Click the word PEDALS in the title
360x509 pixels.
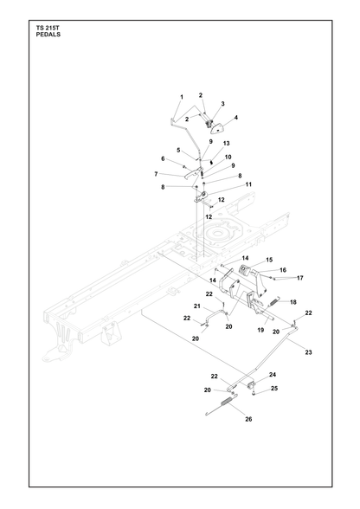click(48, 35)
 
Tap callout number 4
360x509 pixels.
click(236, 118)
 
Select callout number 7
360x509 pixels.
click(156, 174)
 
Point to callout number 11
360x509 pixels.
click(248, 184)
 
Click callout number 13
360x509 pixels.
click(226, 143)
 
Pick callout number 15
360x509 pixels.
click(269, 260)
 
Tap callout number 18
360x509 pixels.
click(293, 302)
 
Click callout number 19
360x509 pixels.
click(260, 330)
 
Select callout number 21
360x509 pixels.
click(197, 306)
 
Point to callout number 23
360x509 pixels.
click(308, 352)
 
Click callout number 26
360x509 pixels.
click(248, 419)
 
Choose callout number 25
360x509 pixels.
click(274, 388)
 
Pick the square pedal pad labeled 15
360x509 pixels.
click(244, 270)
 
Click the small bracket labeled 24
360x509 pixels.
click(251, 386)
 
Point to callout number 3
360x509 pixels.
click(222, 104)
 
